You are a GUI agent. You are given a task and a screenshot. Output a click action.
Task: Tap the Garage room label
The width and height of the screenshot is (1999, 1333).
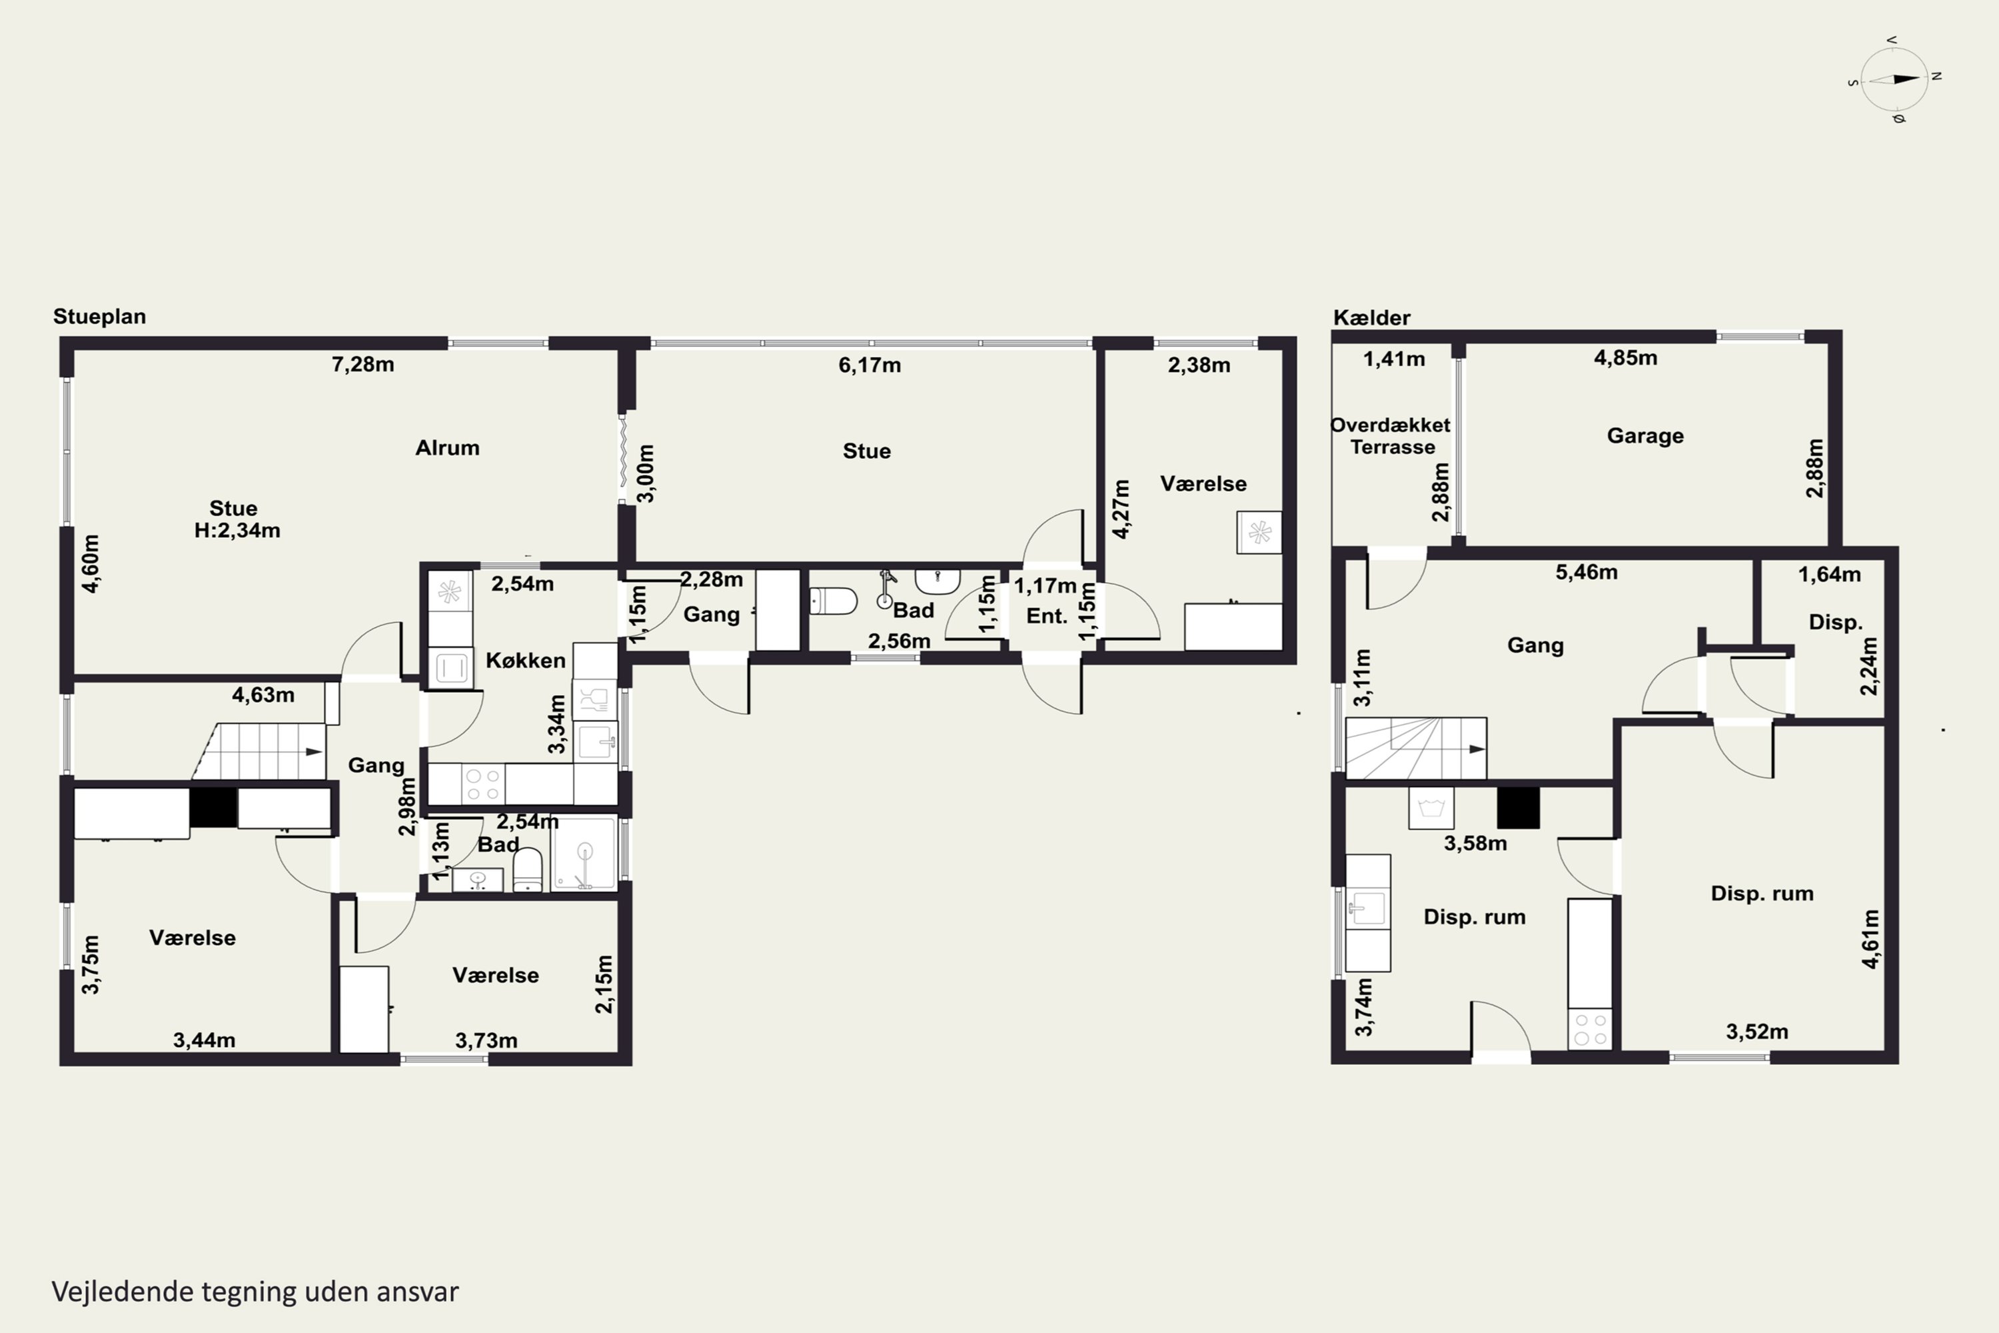coord(1645,435)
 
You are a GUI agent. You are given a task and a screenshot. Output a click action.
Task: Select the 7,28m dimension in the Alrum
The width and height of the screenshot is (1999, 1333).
coord(363,365)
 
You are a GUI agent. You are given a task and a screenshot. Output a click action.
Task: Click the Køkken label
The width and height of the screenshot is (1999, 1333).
coord(525,660)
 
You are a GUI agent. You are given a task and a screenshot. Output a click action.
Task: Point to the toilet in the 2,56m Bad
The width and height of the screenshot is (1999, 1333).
coord(833,601)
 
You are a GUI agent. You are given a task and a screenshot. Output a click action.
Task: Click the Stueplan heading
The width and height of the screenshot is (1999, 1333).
coord(99,316)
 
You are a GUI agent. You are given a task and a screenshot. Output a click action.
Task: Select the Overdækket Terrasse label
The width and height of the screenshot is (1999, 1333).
coord(1391,435)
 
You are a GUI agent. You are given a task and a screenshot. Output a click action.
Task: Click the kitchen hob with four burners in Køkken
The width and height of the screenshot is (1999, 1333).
coord(482,784)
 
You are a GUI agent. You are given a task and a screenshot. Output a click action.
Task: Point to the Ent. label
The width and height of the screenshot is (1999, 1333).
coord(1046,617)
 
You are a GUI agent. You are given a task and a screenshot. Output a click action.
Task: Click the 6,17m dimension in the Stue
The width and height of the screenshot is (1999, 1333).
coord(870,365)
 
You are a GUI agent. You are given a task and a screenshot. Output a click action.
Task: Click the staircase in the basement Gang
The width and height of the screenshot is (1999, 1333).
coord(1416,748)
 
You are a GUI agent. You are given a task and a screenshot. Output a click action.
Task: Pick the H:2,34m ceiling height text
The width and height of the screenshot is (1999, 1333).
coord(237,531)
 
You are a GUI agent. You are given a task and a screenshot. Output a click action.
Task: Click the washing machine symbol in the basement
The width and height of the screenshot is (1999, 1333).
coord(1431,808)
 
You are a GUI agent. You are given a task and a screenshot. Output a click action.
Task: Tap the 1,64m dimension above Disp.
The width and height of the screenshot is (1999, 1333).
coord(1829,575)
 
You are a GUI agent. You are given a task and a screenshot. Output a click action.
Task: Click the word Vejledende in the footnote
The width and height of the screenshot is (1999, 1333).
coord(123,1292)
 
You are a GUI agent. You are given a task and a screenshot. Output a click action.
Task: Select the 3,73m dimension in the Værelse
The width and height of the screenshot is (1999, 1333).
coord(486,1040)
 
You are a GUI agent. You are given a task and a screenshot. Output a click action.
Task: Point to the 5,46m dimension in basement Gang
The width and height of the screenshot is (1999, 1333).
coord(1586,572)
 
